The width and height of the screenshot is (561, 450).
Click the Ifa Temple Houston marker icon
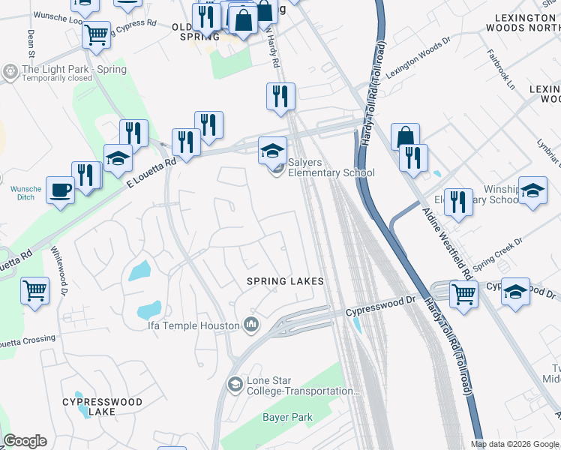(251, 325)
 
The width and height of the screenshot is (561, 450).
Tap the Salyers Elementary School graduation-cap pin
(273, 150)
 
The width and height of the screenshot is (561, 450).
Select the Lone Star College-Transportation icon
(235, 385)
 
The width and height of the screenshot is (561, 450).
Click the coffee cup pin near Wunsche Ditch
(60, 190)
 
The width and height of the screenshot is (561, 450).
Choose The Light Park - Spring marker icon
(10, 72)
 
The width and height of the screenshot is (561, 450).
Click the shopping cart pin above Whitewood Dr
(35, 290)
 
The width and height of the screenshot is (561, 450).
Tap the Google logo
(25, 441)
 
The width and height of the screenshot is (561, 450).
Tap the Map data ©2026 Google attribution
(514, 444)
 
